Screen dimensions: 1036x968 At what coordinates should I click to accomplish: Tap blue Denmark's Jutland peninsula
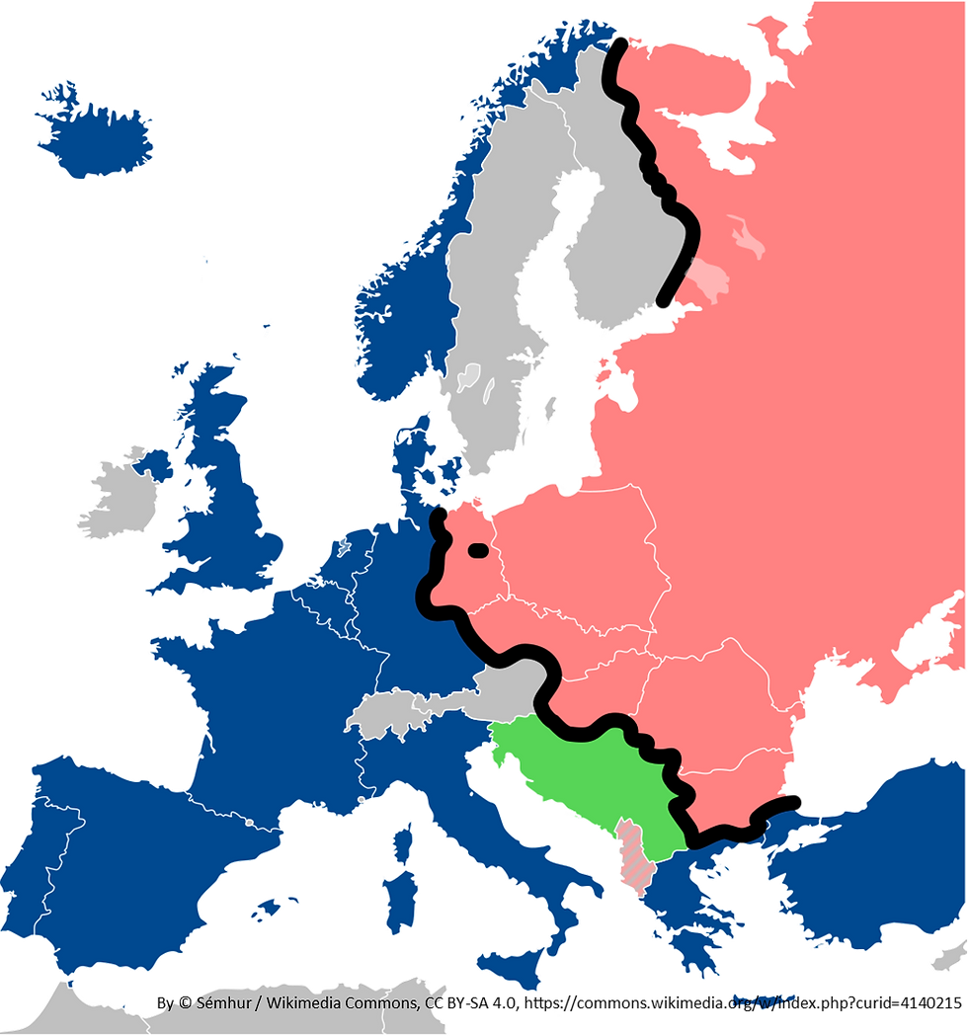408,464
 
